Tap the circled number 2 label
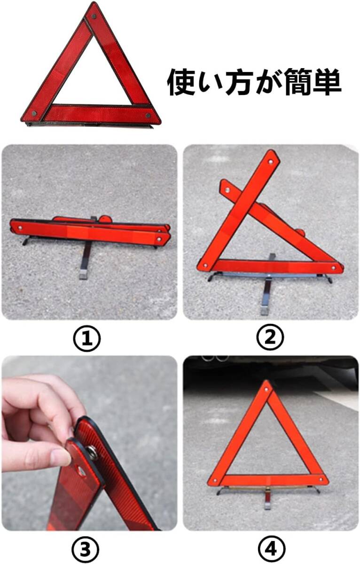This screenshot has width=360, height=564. (x=270, y=337)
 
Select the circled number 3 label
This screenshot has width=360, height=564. (x=86, y=549)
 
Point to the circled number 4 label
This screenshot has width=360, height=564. (x=272, y=549)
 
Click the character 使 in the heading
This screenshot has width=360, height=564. (x=182, y=82)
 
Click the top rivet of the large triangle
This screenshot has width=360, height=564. (x=94, y=16)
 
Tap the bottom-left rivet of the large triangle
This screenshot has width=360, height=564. (x=34, y=113)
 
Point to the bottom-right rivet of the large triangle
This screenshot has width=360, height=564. (x=148, y=116)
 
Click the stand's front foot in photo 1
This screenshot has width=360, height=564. (x=83, y=274)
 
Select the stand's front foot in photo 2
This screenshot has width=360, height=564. (x=264, y=311)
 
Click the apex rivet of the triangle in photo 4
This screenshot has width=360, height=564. (x=266, y=390)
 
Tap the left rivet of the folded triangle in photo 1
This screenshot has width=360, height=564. (x=20, y=228)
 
